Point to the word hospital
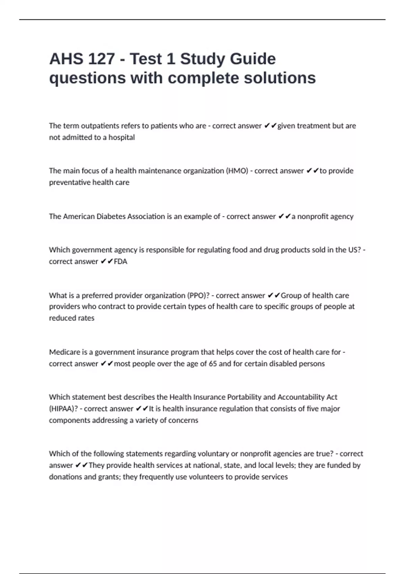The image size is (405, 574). tap(122, 137)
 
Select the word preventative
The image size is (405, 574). tap(70, 182)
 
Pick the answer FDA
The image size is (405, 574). tap(120, 262)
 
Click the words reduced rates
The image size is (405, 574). tap(72, 318)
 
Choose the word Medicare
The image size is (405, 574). tap(64, 352)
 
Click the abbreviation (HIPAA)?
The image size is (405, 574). tap(63, 409)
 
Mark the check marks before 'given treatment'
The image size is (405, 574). tap(270, 126)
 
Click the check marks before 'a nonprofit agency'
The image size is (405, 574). tap(284, 216)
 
